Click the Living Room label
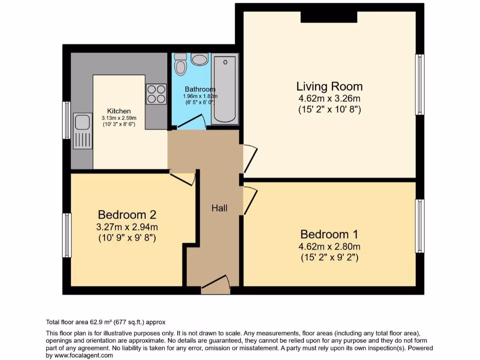pyautogui.click(x=329, y=86)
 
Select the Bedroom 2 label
pyautogui.click(x=127, y=215)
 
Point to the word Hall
pyautogui.click(x=219, y=208)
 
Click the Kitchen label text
pyautogui.click(x=119, y=111)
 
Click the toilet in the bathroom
pyautogui.click(x=180, y=64)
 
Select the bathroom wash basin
pyautogui.click(x=200, y=60)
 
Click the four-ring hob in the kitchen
pyautogui.click(x=156, y=93)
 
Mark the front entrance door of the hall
pyautogui.click(x=215, y=285)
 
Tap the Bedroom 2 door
pyautogui.click(x=182, y=179)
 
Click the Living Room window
pyautogui.click(x=420, y=85)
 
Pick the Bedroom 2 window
pyautogui.click(x=67, y=235)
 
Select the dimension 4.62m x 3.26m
pyautogui.click(x=329, y=99)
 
